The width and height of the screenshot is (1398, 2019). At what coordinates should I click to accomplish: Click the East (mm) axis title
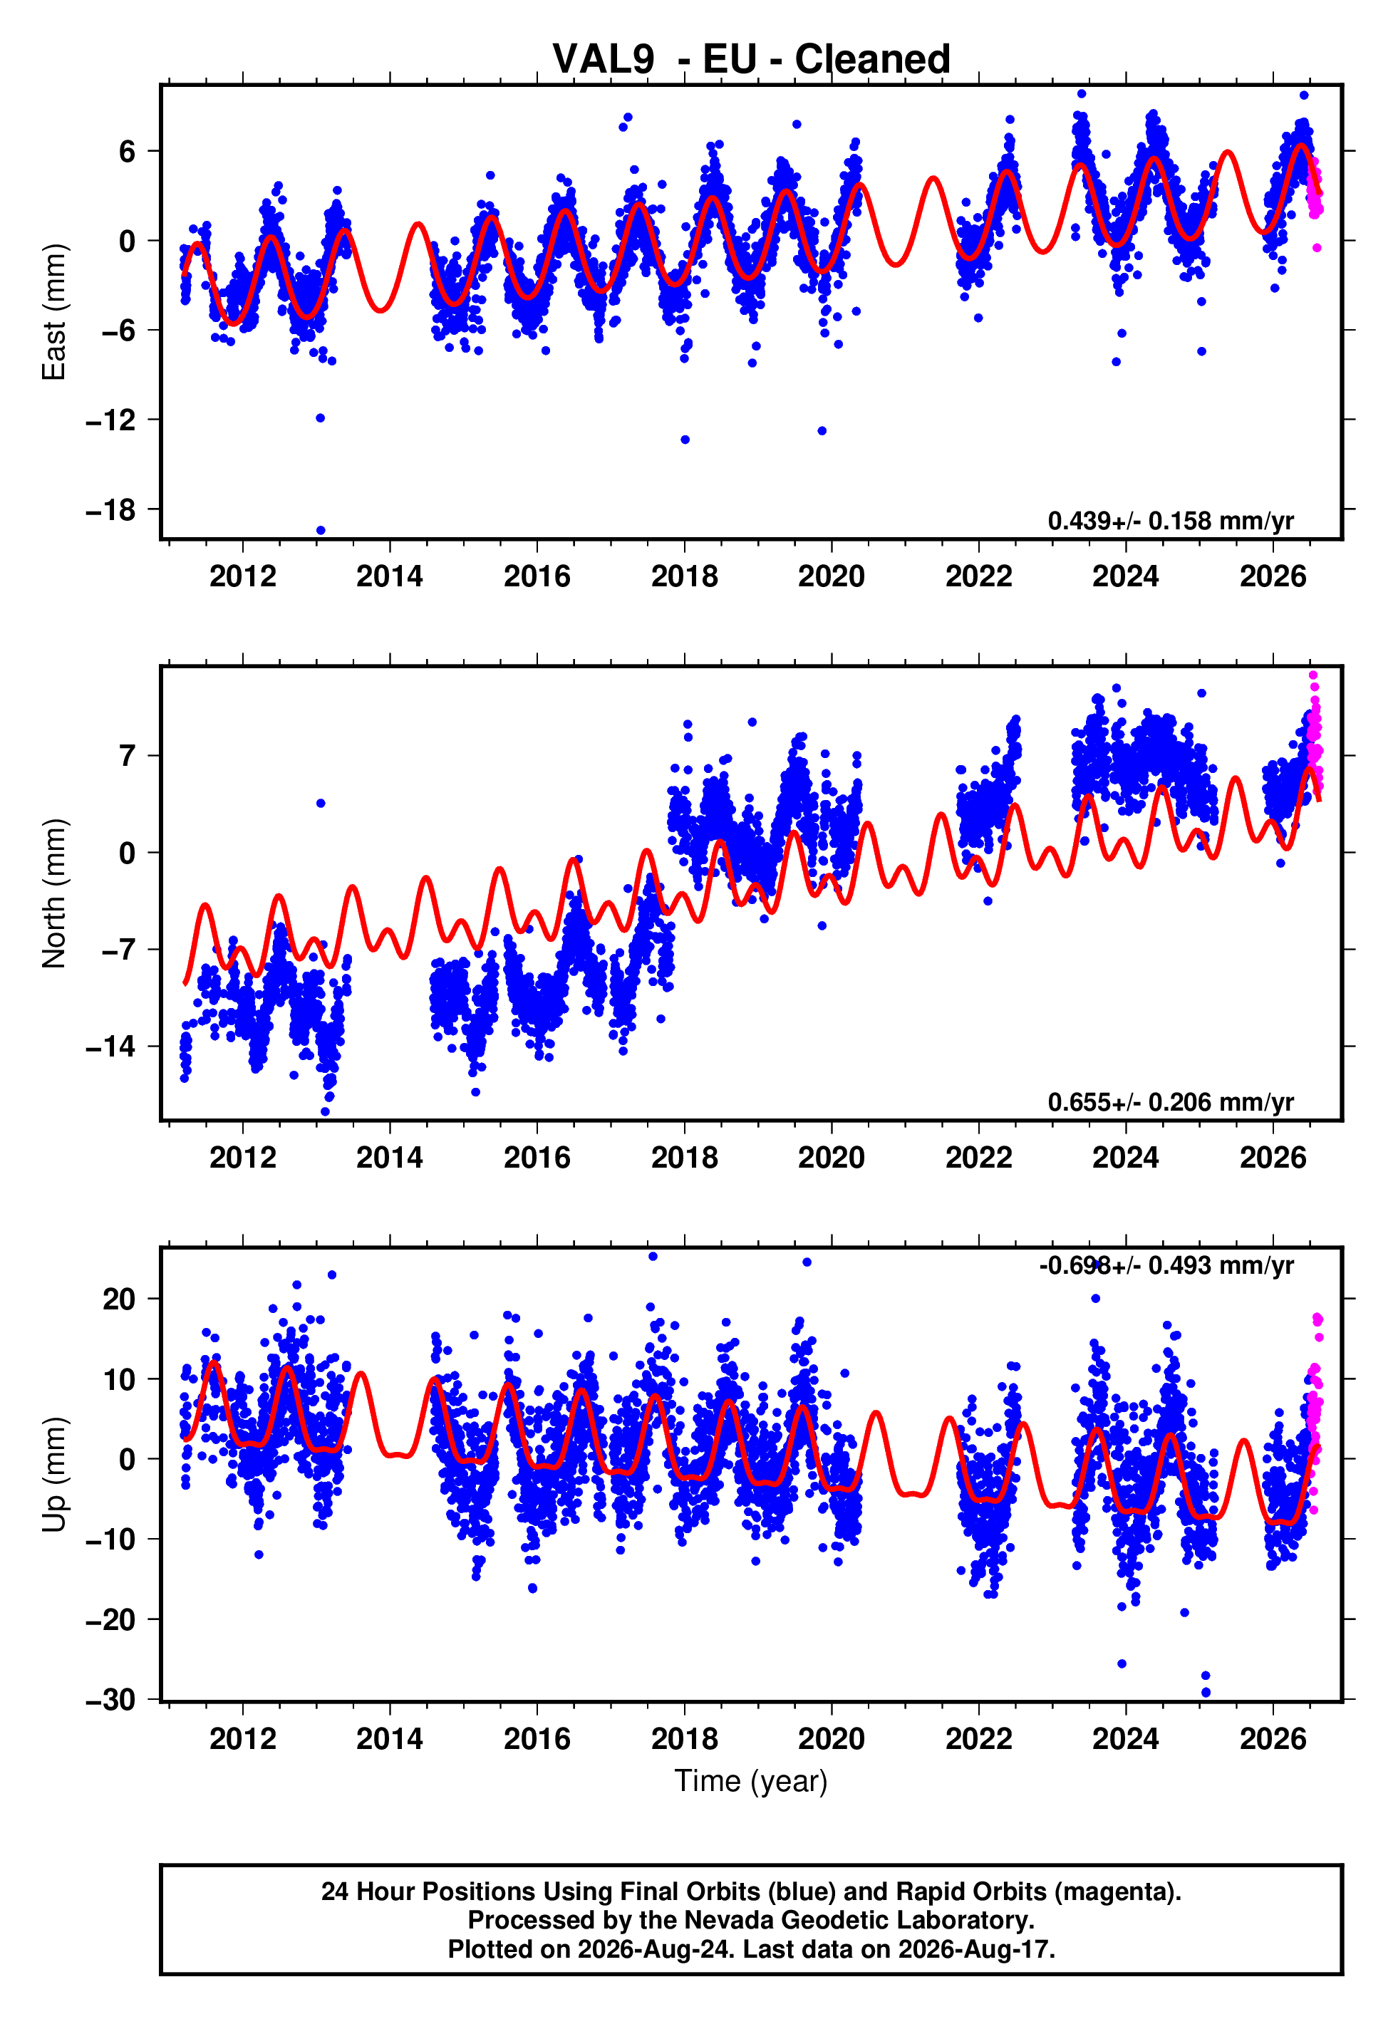[x=53, y=312]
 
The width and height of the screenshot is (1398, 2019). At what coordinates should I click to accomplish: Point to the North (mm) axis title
[x=53, y=893]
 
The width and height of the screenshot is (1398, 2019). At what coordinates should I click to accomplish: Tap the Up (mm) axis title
[x=53, y=1475]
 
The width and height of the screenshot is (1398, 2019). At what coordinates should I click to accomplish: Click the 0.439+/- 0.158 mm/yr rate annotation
[x=1170, y=521]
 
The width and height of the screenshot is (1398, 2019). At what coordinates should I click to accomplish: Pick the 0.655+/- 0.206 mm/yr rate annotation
[x=1170, y=1102]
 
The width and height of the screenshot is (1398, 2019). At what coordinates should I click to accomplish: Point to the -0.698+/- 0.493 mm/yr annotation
[x=1166, y=1265]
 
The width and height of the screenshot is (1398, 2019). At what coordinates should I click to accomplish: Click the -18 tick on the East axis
[x=111, y=509]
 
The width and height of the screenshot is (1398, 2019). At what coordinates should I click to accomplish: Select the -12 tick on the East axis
[x=111, y=420]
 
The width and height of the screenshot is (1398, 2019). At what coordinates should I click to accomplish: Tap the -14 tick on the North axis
[x=111, y=1047]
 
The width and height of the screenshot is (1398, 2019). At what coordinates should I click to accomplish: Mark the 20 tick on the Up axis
[x=119, y=1299]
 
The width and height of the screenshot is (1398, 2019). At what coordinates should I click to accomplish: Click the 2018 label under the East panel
[x=684, y=576]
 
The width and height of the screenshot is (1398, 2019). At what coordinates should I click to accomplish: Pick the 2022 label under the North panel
[x=978, y=1158]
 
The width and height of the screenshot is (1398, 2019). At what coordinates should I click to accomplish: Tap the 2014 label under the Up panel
[x=390, y=1739]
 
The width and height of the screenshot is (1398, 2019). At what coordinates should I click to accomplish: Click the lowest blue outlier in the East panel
[x=321, y=531]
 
